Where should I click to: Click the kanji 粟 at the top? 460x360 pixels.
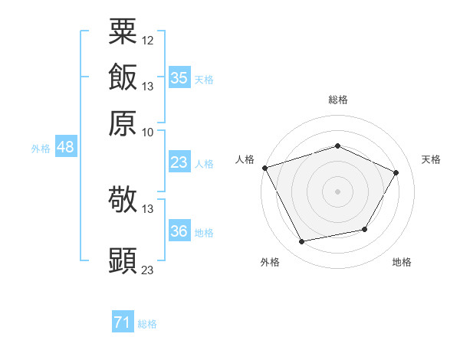tap(123, 31)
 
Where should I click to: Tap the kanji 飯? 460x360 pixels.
tap(123, 77)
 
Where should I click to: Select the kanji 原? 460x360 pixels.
tap(123, 123)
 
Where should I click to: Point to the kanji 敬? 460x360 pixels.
tap(123, 199)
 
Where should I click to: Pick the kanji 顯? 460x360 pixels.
tap(123, 260)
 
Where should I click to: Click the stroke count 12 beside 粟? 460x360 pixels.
tap(147, 41)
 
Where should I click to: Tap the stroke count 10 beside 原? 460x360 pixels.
tap(147, 133)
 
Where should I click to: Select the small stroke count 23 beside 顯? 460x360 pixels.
tap(147, 270)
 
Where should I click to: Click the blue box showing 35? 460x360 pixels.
tap(180, 77)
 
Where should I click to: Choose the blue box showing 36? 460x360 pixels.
tap(180, 230)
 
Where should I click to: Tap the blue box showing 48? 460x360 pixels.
tap(66, 146)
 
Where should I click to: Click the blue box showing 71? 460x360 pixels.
tap(123, 321)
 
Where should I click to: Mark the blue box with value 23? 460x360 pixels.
tap(180, 162)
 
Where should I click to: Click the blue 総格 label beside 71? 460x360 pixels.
tap(147, 324)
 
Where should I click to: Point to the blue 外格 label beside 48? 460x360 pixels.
tap(41, 149)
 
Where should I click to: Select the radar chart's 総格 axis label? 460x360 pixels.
tap(338, 100)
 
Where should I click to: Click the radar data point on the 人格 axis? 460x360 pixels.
tap(265, 168)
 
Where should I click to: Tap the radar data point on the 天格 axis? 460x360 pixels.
tap(396, 172)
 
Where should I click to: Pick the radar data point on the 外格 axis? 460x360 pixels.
tap(301, 241)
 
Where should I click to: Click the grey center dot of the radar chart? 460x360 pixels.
tap(337, 191)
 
